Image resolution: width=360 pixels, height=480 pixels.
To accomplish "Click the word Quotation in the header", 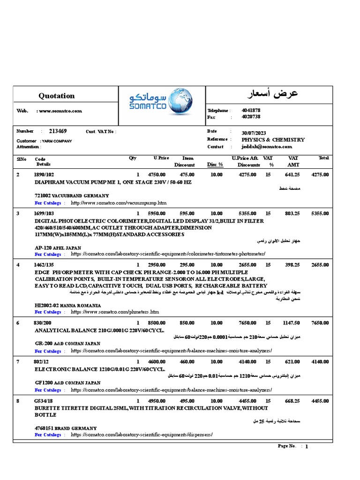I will pyautogui.click(x=56, y=96).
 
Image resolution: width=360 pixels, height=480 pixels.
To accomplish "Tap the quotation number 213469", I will pyautogui.click(x=58, y=131).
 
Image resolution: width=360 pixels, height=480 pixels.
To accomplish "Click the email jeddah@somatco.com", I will pyautogui.click(x=267, y=147).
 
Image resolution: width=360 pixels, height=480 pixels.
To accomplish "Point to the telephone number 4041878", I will pyautogui.click(x=251, y=111).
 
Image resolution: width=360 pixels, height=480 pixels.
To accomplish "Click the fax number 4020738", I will pyautogui.click(x=251, y=117).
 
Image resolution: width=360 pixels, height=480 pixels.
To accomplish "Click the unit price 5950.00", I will pyautogui.click(x=158, y=213).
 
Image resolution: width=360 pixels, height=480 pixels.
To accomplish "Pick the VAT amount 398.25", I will pyautogui.click(x=292, y=265).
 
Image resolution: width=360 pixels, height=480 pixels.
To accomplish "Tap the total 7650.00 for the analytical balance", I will pyautogui.click(x=320, y=323).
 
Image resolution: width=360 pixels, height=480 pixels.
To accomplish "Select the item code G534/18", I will pyautogui.click(x=44, y=401).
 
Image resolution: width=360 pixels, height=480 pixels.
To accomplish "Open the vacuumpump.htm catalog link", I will pyautogui.click(x=119, y=203).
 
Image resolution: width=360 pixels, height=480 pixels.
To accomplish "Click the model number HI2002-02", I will pyautogui.click(x=48, y=305).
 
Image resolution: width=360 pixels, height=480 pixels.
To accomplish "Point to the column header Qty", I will pyautogui.click(x=133, y=158).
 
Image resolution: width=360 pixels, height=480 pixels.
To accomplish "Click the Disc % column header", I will pyautogui.click(x=215, y=165).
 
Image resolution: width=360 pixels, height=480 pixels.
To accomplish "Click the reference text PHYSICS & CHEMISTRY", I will pyautogui.click(x=273, y=140).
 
